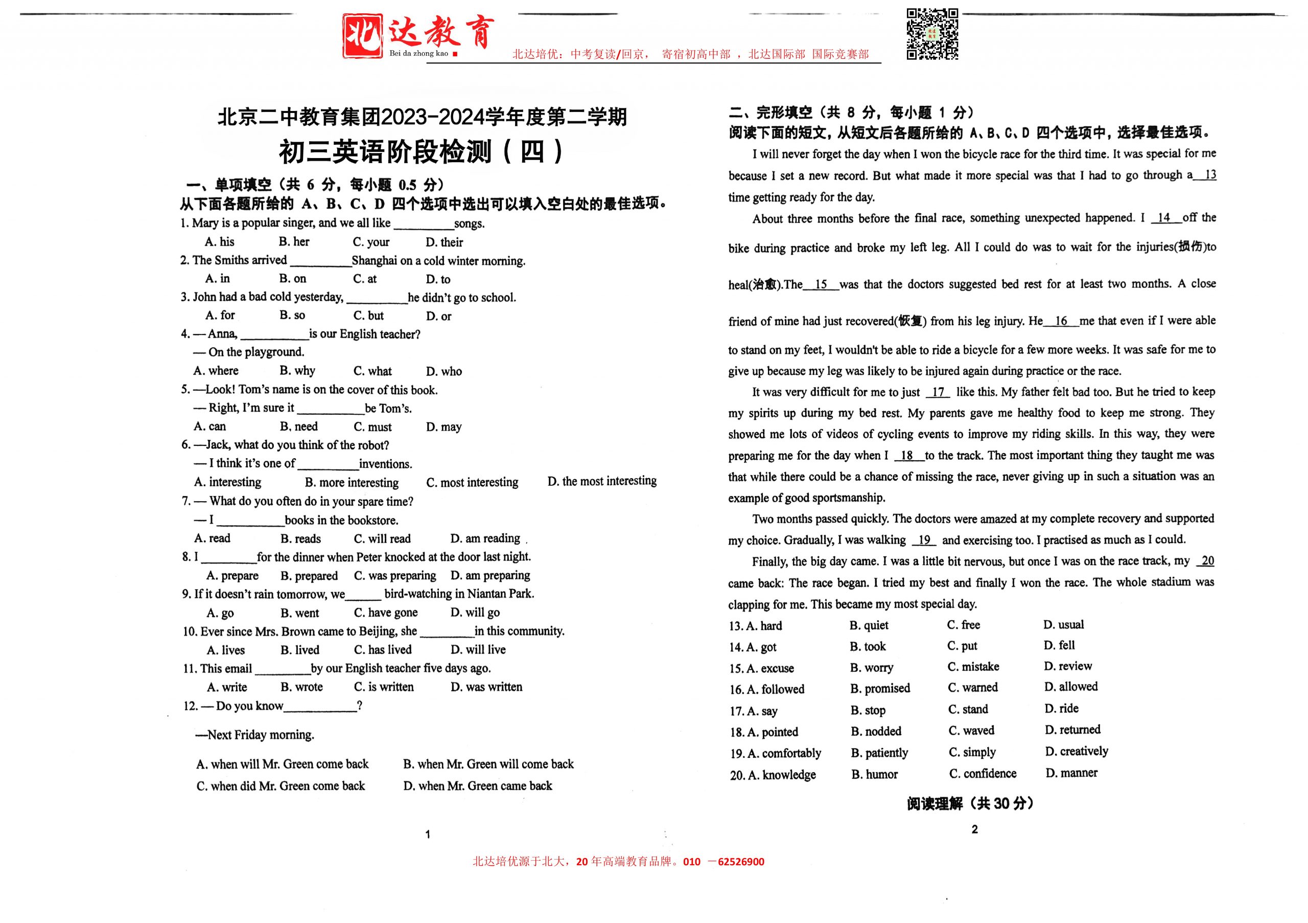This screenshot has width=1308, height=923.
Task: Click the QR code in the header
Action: coord(932,34)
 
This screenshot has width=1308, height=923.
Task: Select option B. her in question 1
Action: coord(294,242)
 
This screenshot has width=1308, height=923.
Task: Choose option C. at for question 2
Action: coord(365,279)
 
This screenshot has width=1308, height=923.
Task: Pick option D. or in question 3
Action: coord(439,316)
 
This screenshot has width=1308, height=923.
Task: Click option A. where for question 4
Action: coord(216,371)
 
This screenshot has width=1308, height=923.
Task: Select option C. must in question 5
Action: coord(372,427)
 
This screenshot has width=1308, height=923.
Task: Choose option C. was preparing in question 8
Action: coord(395,576)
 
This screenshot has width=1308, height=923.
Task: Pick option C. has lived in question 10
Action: coord(383,650)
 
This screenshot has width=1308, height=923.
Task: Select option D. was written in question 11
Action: coord(486,687)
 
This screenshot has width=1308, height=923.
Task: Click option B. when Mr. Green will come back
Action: coord(488,764)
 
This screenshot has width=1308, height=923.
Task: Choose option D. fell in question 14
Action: coord(1059,645)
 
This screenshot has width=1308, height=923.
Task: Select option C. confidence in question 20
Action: coord(982,774)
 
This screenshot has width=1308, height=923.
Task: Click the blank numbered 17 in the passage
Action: coord(938,392)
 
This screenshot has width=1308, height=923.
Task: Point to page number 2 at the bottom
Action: coord(974,829)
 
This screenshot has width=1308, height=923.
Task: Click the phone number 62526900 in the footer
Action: coord(740,862)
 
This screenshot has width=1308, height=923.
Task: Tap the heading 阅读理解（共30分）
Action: coord(970,803)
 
